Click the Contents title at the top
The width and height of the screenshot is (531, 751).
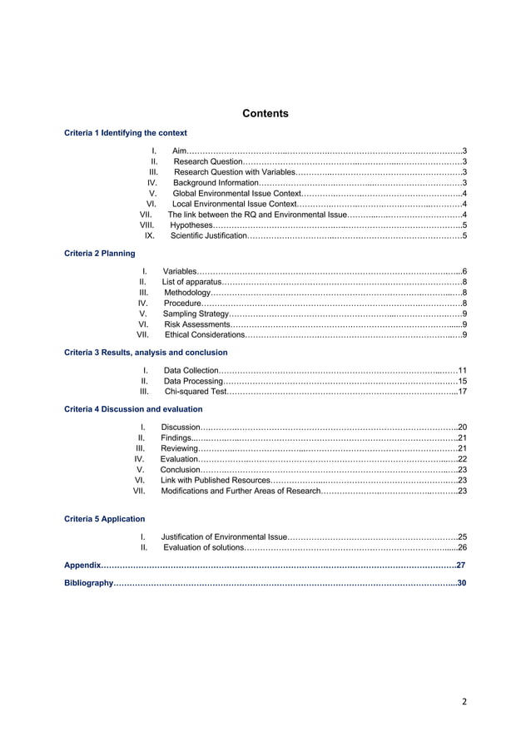[265, 113]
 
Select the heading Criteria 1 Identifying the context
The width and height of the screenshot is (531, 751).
[126, 132]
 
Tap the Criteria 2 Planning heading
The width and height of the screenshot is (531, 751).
[100, 253]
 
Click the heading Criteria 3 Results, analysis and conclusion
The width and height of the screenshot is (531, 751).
[146, 353]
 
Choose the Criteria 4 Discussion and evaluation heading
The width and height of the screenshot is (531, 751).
[133, 409]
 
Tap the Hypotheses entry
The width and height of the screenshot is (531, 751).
[191, 225]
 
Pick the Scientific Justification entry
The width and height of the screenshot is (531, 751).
[208, 236]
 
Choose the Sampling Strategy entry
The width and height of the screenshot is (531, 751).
[196, 314]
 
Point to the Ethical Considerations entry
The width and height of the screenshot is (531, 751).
[205, 335]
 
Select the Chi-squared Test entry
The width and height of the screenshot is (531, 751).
[195, 391]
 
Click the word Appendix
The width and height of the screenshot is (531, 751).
[82, 566]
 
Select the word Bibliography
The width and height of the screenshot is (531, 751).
[89, 584]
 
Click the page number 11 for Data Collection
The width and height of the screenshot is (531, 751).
[463, 370]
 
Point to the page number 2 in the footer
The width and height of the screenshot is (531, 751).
[464, 701]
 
